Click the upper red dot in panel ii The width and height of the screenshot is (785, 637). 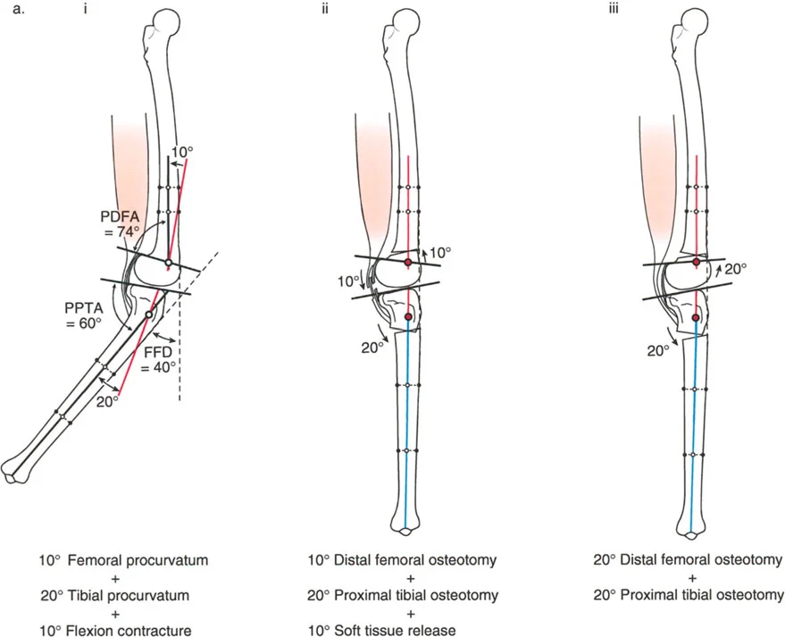[408, 263]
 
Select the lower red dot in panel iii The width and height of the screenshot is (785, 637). [697, 316]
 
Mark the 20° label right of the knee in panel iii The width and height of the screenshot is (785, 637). [734, 267]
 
